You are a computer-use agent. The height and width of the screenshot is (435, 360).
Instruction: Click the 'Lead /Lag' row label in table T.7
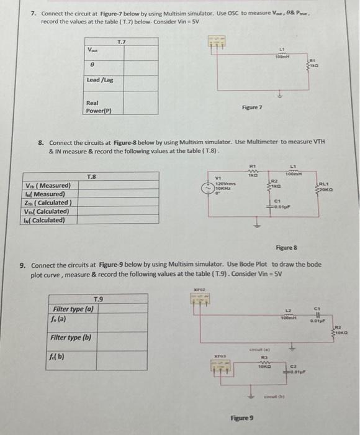(x=99, y=80)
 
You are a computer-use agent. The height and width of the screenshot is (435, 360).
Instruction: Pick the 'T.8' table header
(x=91, y=176)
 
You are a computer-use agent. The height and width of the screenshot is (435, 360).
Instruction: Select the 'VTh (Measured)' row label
(x=47, y=185)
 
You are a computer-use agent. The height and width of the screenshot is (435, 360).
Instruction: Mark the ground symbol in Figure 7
(x=282, y=94)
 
